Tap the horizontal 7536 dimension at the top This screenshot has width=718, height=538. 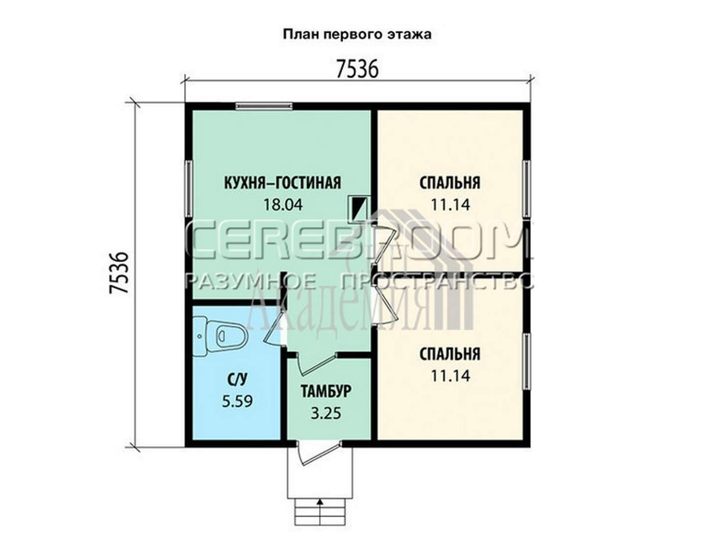click(x=357, y=69)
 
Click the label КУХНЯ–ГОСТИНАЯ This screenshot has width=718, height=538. click(x=283, y=182)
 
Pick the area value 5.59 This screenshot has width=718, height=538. click(x=237, y=402)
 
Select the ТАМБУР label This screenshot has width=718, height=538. click(x=326, y=391)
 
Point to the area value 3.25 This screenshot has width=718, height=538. click(x=326, y=413)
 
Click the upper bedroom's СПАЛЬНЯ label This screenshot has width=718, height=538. click(x=450, y=183)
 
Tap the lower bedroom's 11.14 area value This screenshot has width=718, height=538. click(x=450, y=376)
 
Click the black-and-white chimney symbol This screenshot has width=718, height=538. click(x=359, y=209)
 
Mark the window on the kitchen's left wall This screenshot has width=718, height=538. click(x=189, y=188)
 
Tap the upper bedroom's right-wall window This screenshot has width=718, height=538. click(x=526, y=189)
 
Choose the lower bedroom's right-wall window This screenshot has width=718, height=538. click(x=526, y=361)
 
